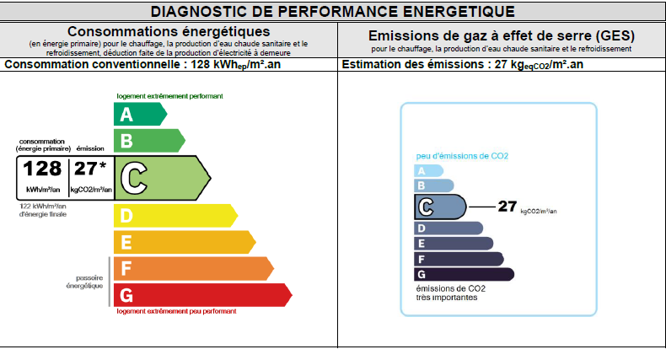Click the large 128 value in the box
[42, 169]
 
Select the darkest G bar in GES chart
[464, 274]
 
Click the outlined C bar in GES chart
[439, 207]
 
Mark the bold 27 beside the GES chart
[507, 205]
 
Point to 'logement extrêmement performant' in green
[169, 96]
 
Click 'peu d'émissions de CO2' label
[462, 156]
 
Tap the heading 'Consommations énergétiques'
[169, 32]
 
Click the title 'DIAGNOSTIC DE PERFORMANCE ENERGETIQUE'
[332, 11]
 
